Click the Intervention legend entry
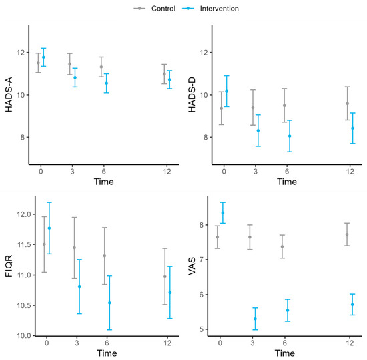(x=211, y=9)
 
